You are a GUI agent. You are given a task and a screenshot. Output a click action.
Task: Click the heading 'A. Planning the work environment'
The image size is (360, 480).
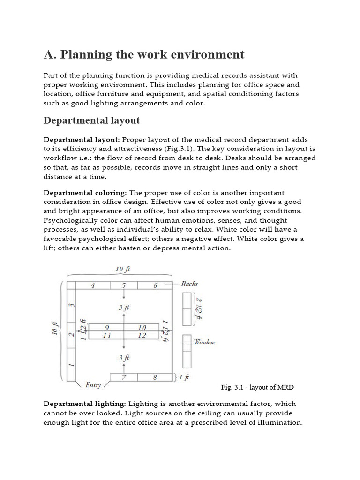144,55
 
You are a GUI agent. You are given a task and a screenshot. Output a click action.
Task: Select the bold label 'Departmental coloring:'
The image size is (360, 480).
85,193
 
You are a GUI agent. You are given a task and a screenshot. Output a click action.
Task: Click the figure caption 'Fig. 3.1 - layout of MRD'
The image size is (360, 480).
257,387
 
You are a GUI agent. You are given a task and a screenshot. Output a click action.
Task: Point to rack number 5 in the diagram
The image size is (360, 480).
124,285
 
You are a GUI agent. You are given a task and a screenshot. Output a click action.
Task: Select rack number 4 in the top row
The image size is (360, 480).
93,285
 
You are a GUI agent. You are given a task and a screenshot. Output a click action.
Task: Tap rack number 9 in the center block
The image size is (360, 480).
107,327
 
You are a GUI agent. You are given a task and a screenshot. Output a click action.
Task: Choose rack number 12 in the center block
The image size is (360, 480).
142,335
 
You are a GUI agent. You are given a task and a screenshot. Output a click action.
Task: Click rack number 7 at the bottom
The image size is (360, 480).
124,377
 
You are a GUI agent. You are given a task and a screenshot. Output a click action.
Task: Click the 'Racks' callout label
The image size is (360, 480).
189,284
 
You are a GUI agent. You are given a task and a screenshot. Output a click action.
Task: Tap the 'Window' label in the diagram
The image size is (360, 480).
204,342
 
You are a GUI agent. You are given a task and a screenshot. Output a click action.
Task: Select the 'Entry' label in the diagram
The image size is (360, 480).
93,385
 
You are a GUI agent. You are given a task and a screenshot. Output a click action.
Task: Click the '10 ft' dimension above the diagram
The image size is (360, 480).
123,269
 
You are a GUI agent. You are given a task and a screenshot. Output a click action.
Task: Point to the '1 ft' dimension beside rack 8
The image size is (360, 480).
184,377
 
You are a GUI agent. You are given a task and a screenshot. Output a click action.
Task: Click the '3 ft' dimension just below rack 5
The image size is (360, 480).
124,307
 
